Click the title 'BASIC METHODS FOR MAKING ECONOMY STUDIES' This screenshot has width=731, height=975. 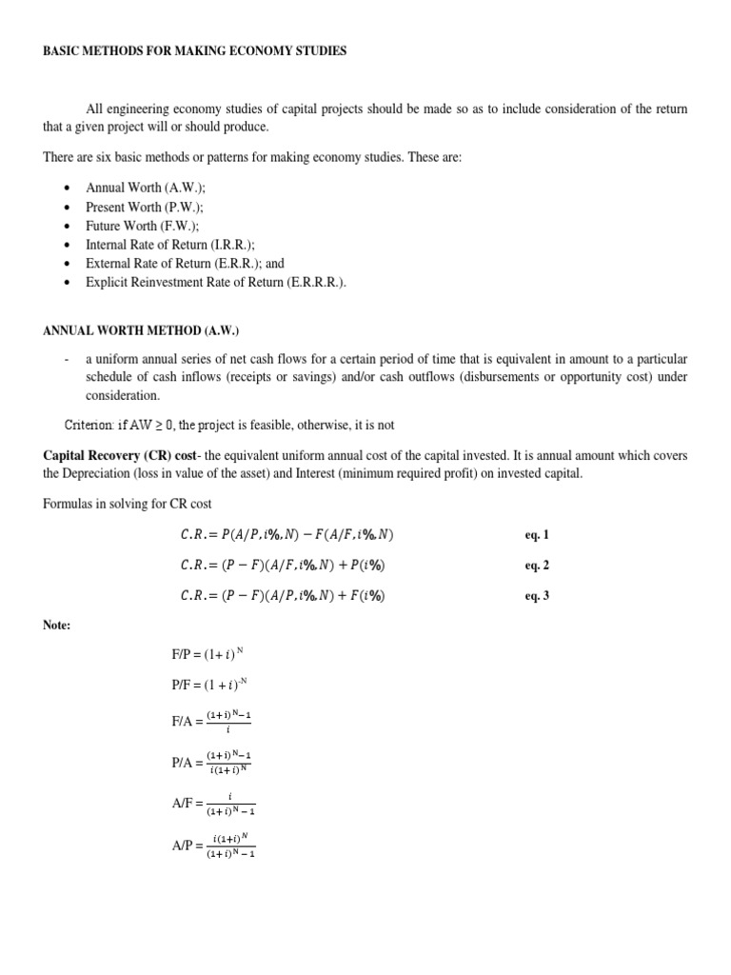(x=194, y=51)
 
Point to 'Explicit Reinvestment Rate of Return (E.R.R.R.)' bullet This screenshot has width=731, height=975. (x=215, y=283)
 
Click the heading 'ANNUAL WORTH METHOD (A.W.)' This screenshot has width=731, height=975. (x=140, y=330)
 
